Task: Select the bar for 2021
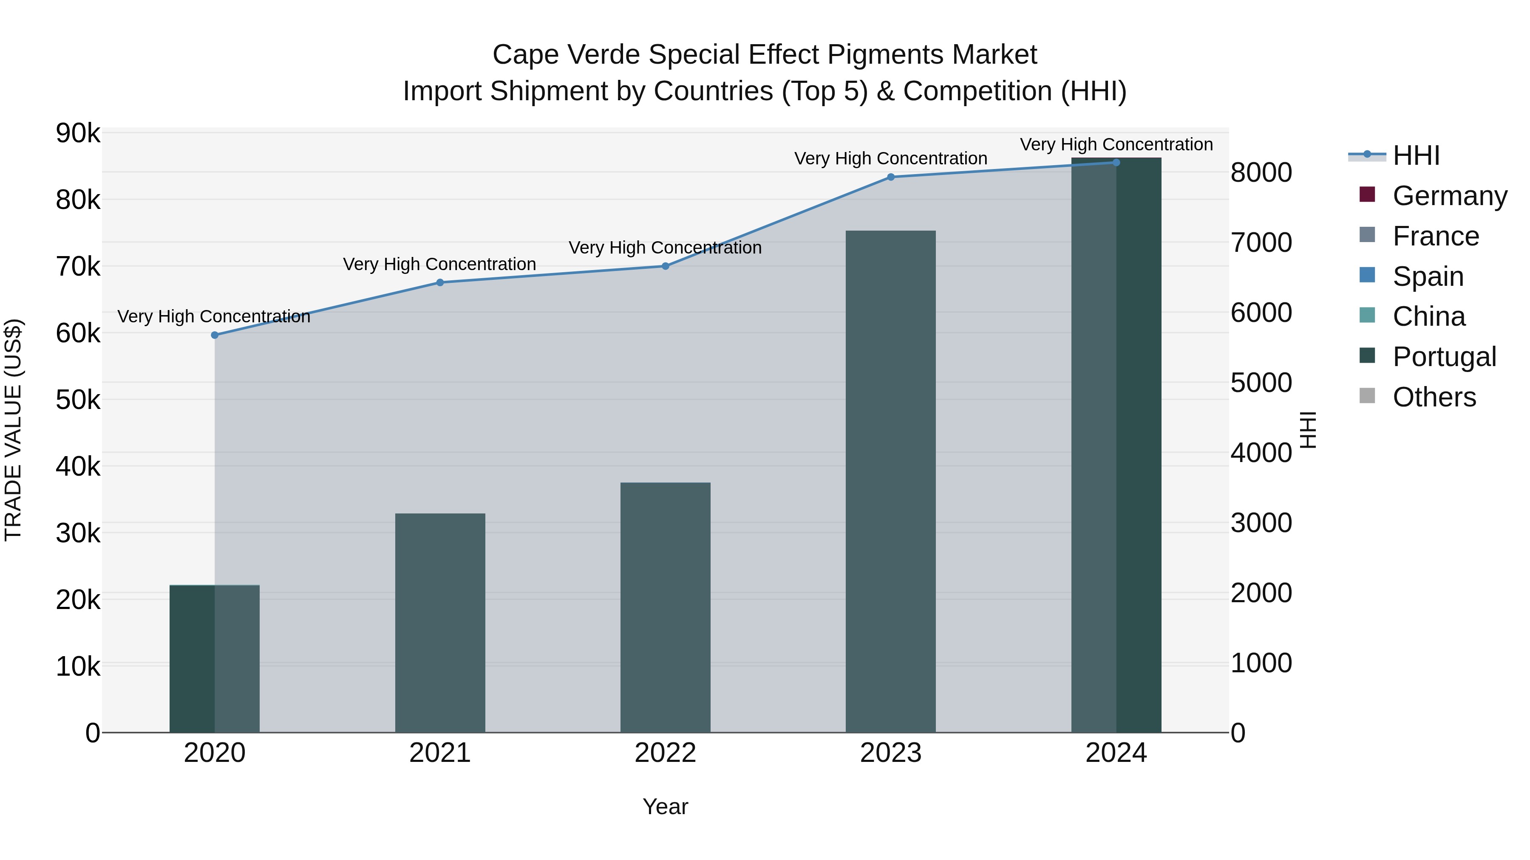(x=440, y=623)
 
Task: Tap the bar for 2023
(x=890, y=481)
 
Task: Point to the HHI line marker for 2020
(x=215, y=336)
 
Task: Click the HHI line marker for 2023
(x=891, y=177)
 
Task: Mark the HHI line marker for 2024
(x=1116, y=163)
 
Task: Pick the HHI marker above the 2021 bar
(x=440, y=282)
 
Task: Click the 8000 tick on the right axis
(x=1261, y=173)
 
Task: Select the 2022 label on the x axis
(x=665, y=753)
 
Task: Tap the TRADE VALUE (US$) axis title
(x=13, y=430)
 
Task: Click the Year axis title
(x=665, y=806)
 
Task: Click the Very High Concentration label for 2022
(x=665, y=248)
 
